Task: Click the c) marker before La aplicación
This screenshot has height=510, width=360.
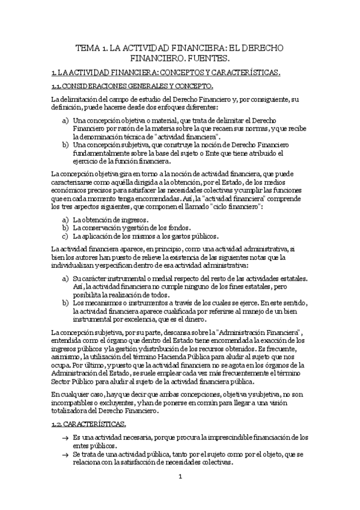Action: click(x=65, y=236)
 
